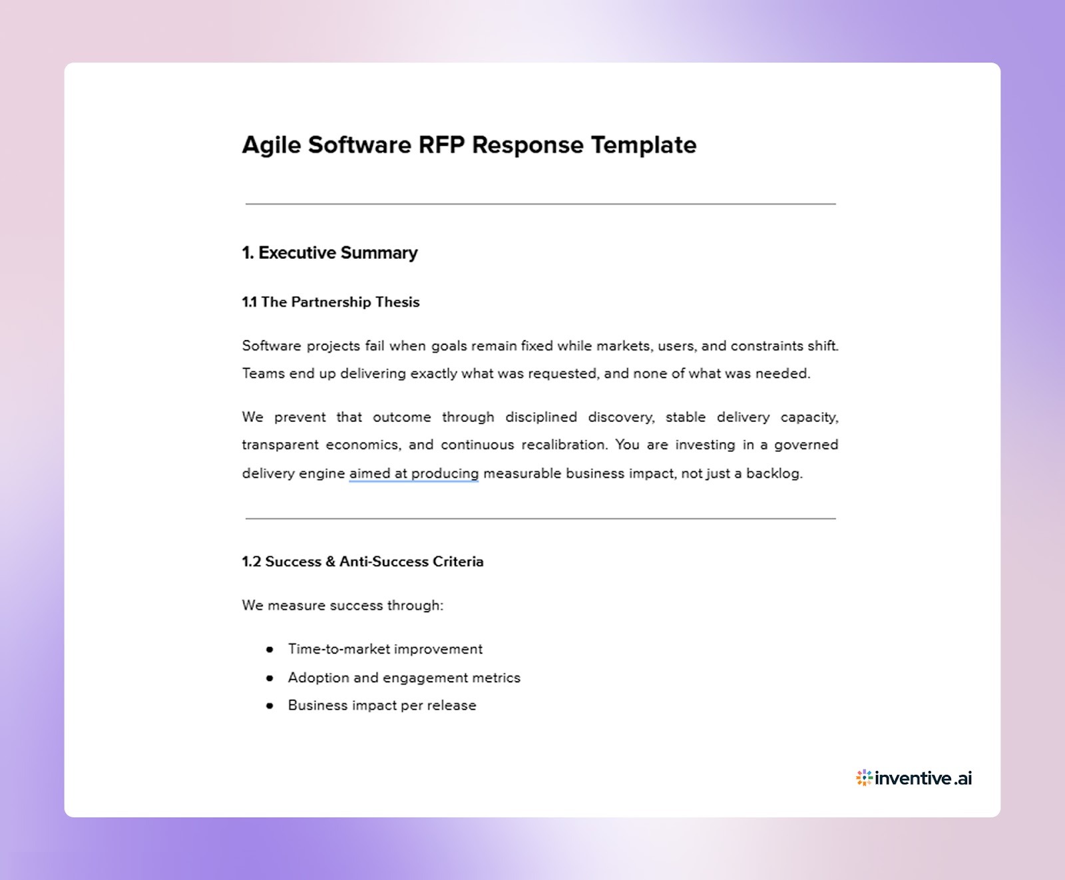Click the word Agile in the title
click(271, 145)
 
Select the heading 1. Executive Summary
click(329, 253)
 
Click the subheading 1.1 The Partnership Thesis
click(330, 302)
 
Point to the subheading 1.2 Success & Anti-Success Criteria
click(362, 562)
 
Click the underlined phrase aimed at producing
click(413, 473)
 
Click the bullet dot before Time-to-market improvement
click(270, 649)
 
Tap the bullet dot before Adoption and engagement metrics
click(270, 678)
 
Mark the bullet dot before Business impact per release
click(270, 706)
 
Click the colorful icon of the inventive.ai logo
click(864, 777)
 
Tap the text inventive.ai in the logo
click(924, 777)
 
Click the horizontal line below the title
click(540, 204)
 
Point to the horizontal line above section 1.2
click(540, 518)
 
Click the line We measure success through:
click(342, 606)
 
